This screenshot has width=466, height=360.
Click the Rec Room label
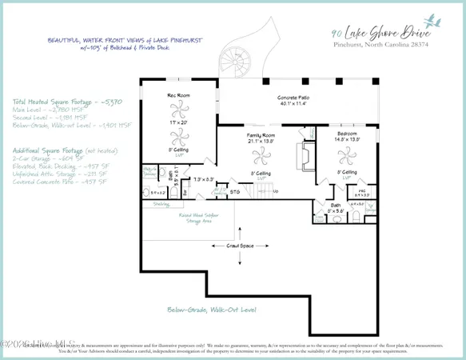point(176,96)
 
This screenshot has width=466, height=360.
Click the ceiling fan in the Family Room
point(257,157)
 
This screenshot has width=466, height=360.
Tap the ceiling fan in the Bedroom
point(346,157)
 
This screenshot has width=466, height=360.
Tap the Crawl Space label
point(240,246)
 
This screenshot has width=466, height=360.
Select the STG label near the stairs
point(235,192)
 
